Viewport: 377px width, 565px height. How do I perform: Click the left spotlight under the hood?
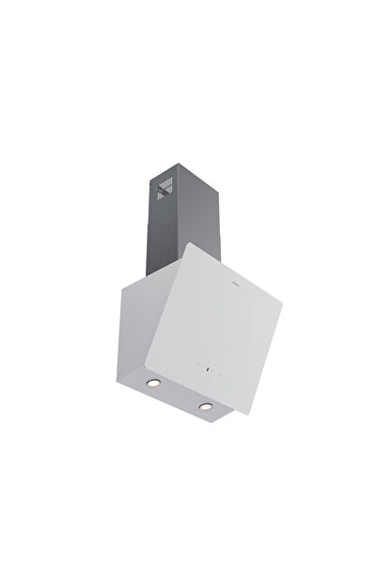pos(154,386)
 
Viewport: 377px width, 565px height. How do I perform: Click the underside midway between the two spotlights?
pos(179,396)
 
